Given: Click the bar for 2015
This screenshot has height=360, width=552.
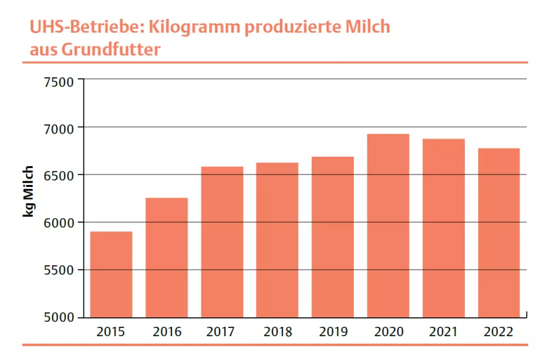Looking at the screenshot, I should click(x=111, y=274).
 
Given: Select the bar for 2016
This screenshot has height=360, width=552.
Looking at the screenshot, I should click(x=166, y=257).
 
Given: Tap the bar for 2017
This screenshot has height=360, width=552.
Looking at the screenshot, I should click(x=221, y=241).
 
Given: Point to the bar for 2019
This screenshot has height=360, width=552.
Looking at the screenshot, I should click(x=332, y=236).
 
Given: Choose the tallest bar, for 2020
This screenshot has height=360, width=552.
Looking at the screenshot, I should click(x=388, y=225).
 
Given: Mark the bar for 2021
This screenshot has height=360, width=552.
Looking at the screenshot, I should click(x=443, y=228).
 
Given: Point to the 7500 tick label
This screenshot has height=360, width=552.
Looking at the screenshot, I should click(x=58, y=81).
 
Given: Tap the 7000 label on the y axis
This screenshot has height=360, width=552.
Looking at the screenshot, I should click(x=58, y=128).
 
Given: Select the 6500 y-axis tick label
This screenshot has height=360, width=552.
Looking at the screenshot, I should click(x=58, y=175).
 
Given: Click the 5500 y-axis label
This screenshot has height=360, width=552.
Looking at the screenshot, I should click(x=58, y=270).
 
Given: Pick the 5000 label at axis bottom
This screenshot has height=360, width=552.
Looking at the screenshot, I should click(x=58, y=317).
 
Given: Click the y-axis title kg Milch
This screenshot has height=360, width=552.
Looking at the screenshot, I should click(x=28, y=192).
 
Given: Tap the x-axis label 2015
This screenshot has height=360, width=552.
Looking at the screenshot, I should click(x=111, y=332).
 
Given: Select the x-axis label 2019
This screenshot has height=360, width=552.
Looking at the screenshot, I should click(x=332, y=332).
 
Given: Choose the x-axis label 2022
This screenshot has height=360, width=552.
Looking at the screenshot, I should click(x=499, y=332).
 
